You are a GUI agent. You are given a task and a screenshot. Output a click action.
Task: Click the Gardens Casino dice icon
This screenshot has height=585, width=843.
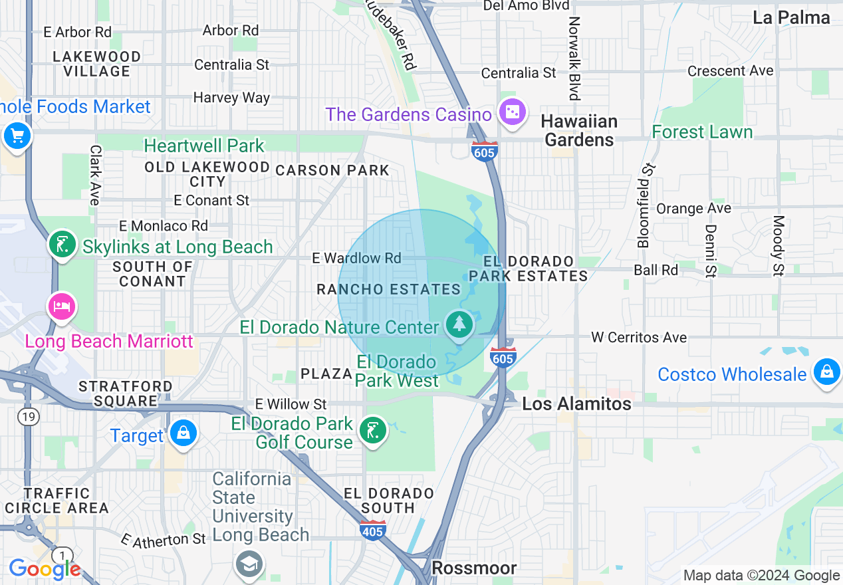click(x=513, y=112)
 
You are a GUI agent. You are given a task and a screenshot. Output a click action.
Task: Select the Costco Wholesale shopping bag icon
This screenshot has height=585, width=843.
click(x=826, y=371)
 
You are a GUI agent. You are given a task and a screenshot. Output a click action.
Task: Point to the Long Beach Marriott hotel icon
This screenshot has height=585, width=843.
click(x=61, y=306)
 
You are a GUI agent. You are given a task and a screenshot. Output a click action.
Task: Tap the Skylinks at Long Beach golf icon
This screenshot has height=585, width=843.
click(x=62, y=245)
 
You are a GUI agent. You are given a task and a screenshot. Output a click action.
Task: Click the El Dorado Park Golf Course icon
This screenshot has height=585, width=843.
click(x=372, y=431)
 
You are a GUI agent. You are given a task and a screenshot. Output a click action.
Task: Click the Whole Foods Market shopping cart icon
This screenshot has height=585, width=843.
click(x=16, y=136)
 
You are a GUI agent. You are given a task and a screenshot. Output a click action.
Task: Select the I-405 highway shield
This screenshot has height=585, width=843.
click(x=373, y=530)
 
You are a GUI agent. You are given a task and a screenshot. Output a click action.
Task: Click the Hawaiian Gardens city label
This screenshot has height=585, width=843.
click(x=579, y=130)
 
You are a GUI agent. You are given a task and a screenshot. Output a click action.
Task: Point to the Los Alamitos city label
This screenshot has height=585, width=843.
click(x=576, y=404)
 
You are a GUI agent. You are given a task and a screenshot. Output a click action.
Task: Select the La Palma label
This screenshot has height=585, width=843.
click(x=791, y=18)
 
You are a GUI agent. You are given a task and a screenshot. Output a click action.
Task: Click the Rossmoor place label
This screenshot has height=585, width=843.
click(x=473, y=568)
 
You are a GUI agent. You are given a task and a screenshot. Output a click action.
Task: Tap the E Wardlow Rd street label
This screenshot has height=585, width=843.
click(x=357, y=258)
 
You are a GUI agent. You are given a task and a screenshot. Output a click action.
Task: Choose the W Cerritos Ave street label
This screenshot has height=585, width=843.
click(x=638, y=338)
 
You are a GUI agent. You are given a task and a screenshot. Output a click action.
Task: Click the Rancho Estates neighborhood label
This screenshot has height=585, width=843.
click(x=388, y=289)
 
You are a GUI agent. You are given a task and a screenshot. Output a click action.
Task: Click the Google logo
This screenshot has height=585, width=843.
click(x=45, y=569)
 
